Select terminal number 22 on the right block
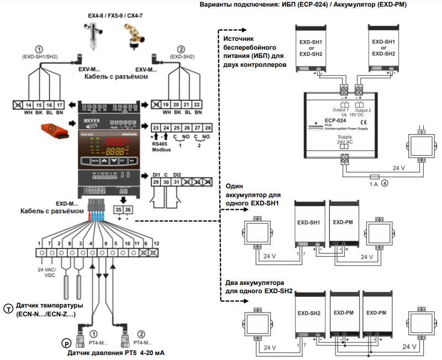[197, 104]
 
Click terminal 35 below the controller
[119, 209]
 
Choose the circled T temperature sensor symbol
[8, 308]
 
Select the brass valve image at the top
[133, 36]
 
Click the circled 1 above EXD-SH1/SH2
[38, 47]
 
